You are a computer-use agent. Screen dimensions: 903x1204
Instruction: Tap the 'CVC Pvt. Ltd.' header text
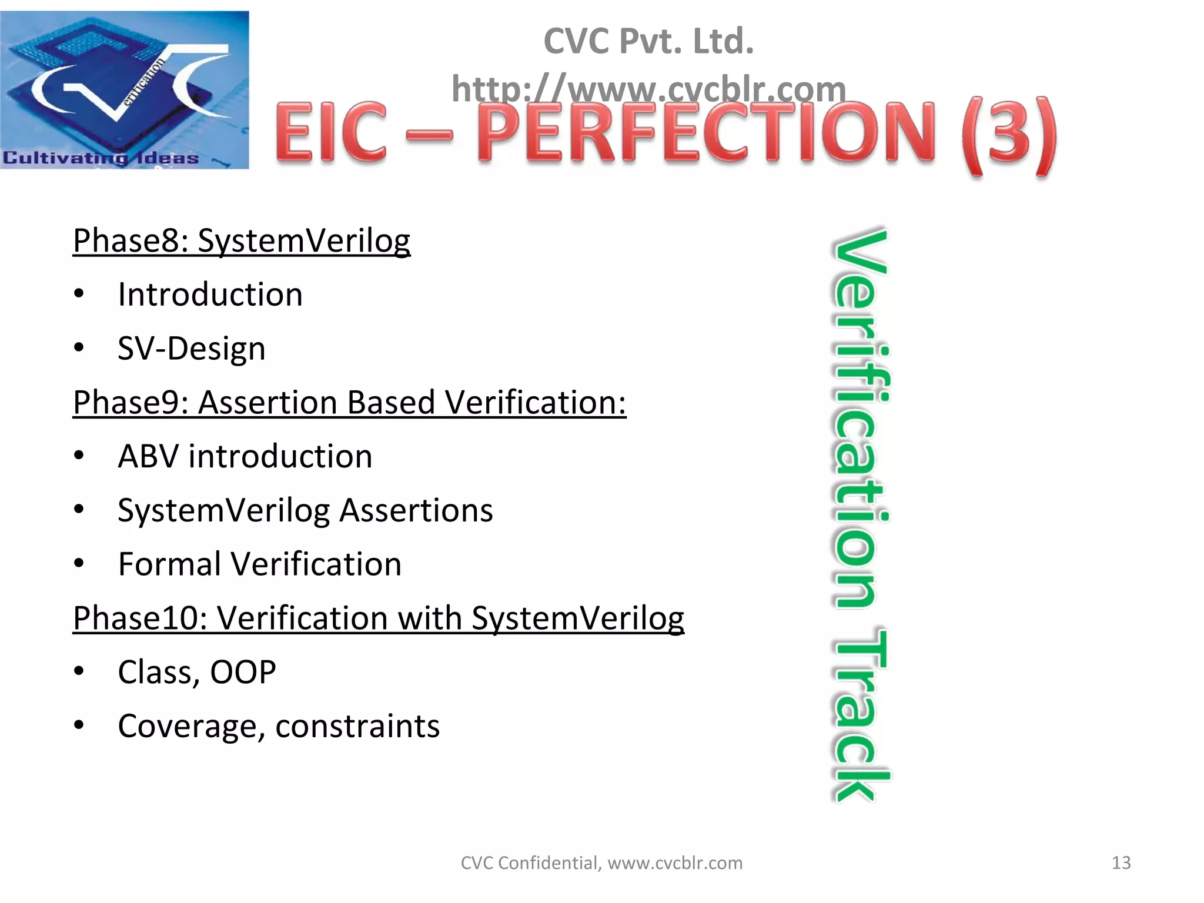click(648, 41)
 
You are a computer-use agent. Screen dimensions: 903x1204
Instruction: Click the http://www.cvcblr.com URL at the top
click(648, 89)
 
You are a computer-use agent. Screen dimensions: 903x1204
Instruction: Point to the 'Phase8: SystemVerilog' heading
click(241, 240)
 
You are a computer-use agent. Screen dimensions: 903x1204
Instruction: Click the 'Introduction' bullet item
click(210, 294)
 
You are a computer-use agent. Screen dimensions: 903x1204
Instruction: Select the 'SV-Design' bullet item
click(191, 348)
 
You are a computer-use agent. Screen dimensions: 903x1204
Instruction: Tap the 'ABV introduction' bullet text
click(245, 456)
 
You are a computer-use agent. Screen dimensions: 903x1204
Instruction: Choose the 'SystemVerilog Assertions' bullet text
click(305, 510)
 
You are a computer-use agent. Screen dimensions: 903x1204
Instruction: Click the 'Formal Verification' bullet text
click(259, 564)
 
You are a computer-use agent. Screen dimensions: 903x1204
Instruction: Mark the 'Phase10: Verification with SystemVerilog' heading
click(378, 618)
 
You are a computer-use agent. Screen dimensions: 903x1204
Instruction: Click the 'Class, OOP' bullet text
click(196, 672)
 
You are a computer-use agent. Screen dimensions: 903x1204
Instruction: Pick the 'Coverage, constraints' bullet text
click(278, 726)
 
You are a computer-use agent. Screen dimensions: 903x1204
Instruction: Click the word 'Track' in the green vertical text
click(861, 714)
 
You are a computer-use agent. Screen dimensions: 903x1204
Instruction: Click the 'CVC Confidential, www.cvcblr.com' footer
click(601, 862)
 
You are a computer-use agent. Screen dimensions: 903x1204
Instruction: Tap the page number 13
click(1121, 862)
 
